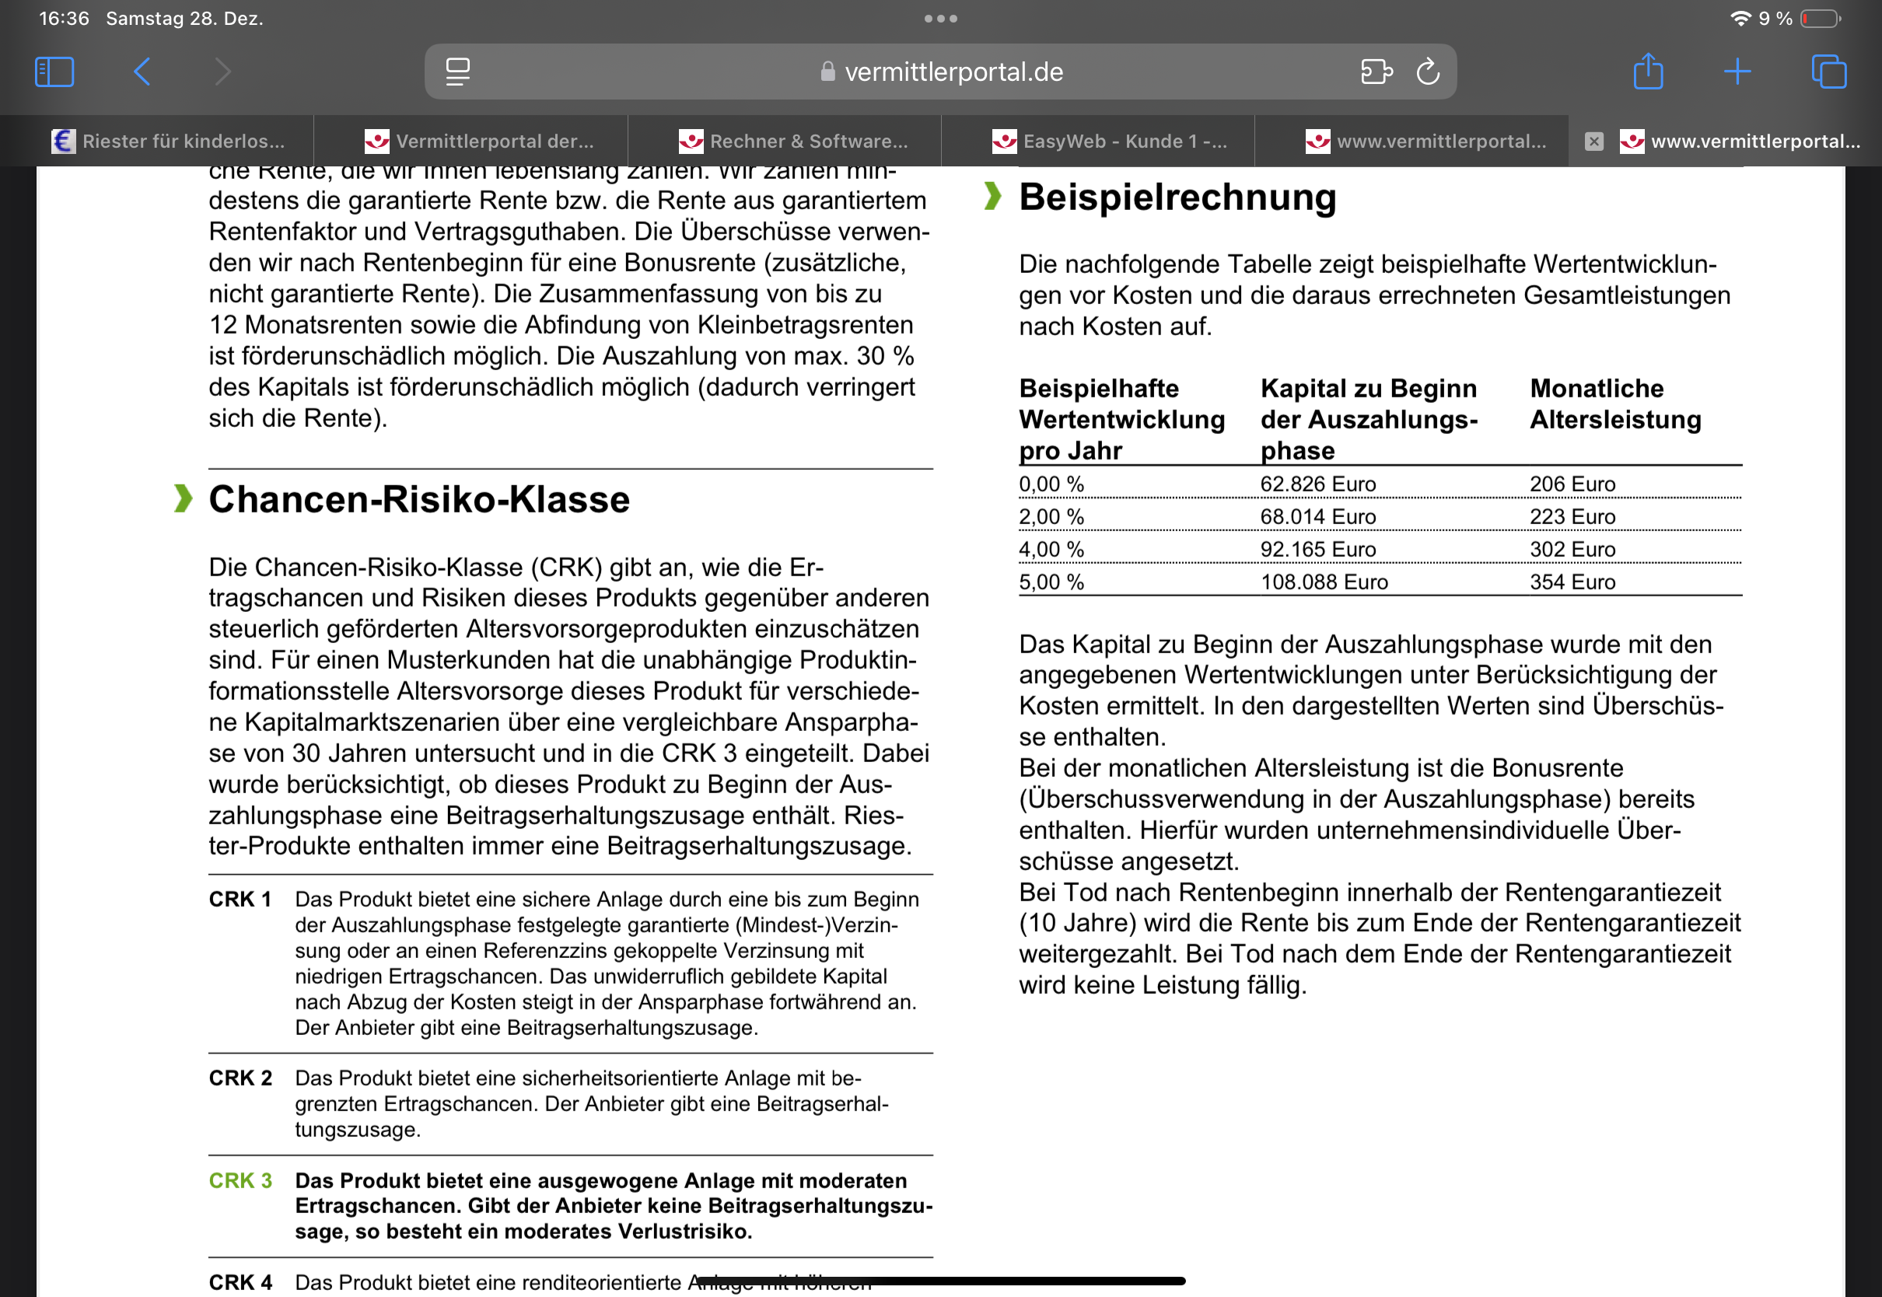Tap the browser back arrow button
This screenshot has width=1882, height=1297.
[x=142, y=72]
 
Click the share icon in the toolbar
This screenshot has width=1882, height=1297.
[x=1648, y=71]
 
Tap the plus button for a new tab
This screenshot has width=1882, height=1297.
[x=1737, y=72]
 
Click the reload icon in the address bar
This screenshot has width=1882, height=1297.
[x=1428, y=72]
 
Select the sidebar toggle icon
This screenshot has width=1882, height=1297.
[x=54, y=72]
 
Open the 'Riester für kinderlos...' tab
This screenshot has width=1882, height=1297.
[x=169, y=142]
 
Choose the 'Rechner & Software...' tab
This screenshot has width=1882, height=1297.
[x=795, y=142]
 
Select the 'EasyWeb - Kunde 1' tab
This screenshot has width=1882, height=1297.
[x=1110, y=142]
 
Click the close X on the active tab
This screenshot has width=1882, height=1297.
[x=1593, y=142]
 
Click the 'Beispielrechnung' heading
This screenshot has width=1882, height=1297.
[x=1177, y=198]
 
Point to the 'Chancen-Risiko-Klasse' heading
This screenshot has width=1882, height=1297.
[x=418, y=499]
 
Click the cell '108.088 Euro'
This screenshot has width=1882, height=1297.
[x=1324, y=582]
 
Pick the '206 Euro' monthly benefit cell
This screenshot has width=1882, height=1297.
[x=1572, y=484]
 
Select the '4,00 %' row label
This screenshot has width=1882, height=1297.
[x=1051, y=549]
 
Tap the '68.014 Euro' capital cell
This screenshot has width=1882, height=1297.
[x=1317, y=517]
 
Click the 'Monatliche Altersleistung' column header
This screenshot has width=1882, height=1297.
[x=1614, y=404]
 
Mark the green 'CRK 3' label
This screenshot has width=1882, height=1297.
[x=240, y=1180]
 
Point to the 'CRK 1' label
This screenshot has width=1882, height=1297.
[x=240, y=900]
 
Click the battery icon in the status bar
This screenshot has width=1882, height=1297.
[x=1821, y=19]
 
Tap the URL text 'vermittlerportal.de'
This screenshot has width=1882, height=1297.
[x=953, y=72]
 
